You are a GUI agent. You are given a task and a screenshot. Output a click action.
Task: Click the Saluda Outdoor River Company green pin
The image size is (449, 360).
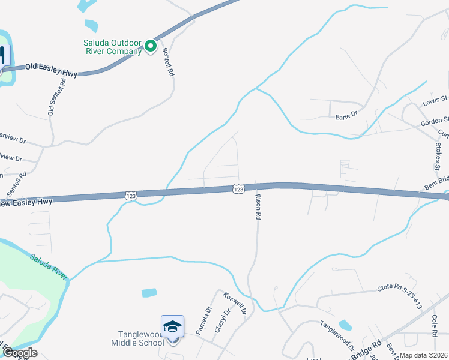151,46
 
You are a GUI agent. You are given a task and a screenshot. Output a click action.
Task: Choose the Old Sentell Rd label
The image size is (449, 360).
56,96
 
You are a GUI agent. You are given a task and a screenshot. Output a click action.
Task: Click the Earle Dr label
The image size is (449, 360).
346,115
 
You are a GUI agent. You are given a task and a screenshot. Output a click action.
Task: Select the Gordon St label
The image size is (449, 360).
435,122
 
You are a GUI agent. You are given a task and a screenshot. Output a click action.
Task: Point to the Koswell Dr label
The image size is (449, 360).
235,304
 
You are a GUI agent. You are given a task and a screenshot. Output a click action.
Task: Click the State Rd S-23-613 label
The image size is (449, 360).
400,295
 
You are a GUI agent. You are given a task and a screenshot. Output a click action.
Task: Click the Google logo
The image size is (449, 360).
20,352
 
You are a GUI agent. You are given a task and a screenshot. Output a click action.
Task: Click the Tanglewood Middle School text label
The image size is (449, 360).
137,338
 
